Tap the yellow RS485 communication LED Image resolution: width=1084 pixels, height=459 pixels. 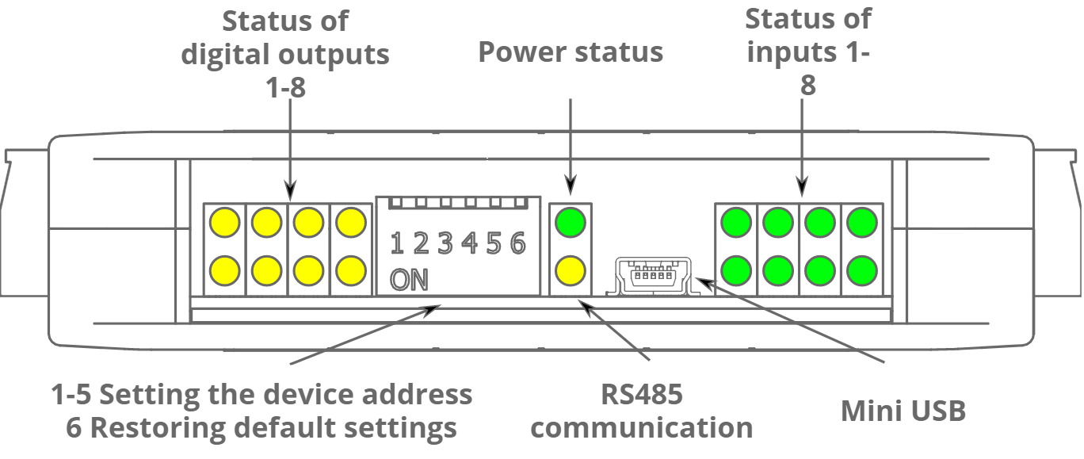tap(571, 272)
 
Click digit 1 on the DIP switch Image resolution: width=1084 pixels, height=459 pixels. tap(397, 243)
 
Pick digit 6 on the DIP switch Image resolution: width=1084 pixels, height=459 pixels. tap(517, 243)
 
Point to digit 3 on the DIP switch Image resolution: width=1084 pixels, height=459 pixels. tap(445, 243)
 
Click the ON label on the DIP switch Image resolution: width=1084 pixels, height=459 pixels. tap(409, 280)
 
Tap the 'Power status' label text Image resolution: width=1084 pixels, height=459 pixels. tap(571, 52)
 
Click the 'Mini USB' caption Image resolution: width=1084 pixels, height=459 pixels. tap(903, 411)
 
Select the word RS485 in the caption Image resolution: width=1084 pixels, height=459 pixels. tap(641, 394)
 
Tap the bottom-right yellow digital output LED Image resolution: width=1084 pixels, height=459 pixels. tap(349, 272)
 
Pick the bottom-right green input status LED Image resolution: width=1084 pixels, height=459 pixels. tap(860, 272)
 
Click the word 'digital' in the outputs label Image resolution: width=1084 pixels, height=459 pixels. tap(229, 55)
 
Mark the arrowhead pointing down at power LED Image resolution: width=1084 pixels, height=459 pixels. tap(571, 189)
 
